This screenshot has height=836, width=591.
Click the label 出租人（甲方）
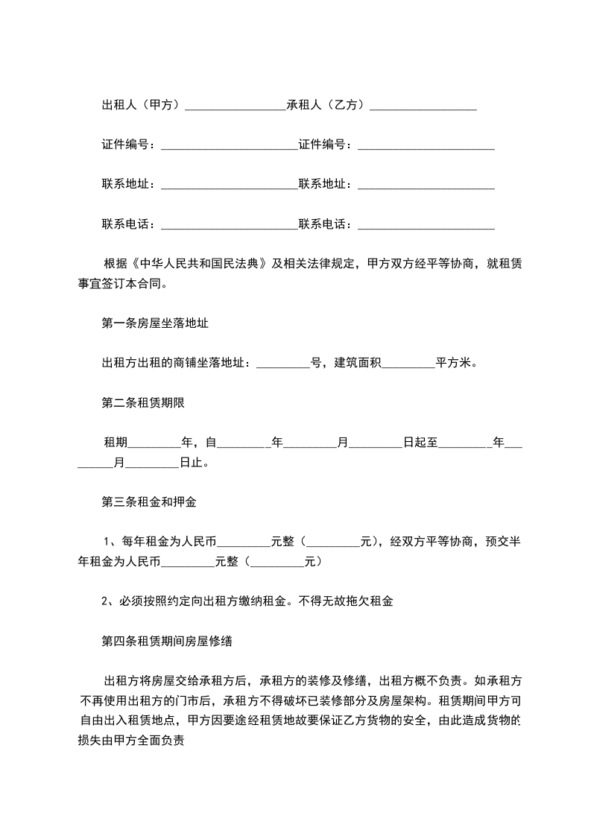point(142,105)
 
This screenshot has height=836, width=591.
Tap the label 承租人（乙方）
point(327,105)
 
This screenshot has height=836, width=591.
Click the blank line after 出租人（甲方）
point(235,107)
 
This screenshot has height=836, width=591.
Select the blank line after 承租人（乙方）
point(423,107)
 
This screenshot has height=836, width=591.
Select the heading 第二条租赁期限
point(142,403)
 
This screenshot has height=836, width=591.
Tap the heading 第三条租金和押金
point(148,502)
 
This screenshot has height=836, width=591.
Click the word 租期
point(116,443)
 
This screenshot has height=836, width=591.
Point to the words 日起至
point(420,443)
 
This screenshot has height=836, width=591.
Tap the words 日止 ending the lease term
point(191,463)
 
